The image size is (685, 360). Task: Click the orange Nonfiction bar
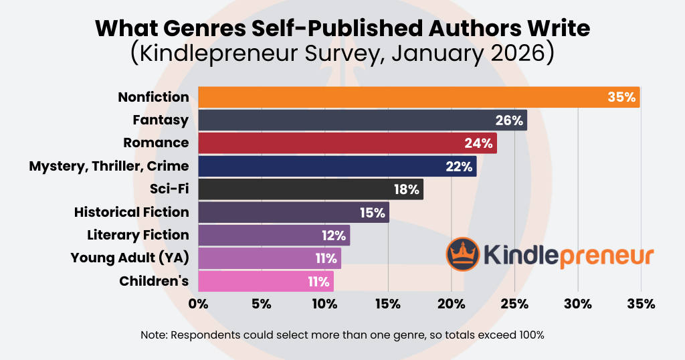coord(419,97)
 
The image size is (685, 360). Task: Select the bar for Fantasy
coord(362,120)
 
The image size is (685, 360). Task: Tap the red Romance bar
coord(347,143)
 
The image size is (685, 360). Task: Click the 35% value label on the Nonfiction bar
coord(621,97)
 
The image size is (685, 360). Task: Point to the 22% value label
coord(459,167)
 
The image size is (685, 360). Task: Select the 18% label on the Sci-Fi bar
coord(406,189)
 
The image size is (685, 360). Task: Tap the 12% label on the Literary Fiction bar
coord(332,235)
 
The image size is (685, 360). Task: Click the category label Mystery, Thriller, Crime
coord(109,166)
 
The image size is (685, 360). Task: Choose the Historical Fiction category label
coord(132,212)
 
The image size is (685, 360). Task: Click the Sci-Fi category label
coord(170,189)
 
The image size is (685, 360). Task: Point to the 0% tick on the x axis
coord(199,304)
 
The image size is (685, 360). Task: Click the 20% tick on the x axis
coord(452,304)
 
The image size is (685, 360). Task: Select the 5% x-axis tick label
coord(262,304)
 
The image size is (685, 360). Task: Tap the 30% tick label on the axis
coord(578,304)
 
